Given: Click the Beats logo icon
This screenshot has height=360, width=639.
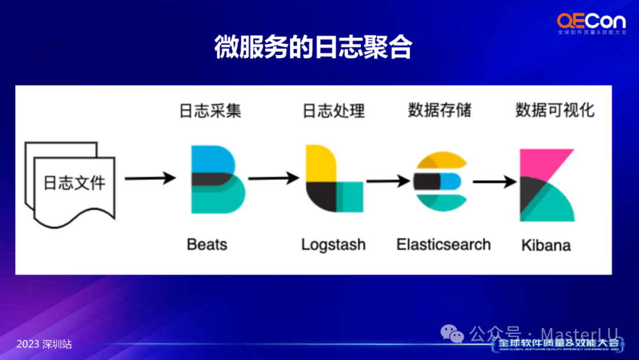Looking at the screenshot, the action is [217, 179].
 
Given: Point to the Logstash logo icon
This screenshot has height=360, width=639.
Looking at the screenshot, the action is [334, 179].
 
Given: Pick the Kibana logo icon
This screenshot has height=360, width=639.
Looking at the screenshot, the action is [546, 185].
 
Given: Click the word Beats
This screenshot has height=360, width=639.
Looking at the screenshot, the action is [206, 244].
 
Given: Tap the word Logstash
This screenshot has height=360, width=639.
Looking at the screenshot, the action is [333, 245].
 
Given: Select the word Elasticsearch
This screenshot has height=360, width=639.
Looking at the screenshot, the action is [443, 244].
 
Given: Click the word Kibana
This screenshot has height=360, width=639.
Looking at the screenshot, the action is [546, 245].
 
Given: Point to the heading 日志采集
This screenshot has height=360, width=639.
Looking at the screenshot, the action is [210, 111].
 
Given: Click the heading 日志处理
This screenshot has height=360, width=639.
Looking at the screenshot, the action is [333, 111].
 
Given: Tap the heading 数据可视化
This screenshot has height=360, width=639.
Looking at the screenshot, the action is [554, 110].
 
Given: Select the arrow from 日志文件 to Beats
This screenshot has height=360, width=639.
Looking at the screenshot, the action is [150, 178].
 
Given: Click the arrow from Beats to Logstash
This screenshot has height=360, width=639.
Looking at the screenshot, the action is [273, 178].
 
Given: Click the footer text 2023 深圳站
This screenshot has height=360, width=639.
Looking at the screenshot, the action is [44, 344].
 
